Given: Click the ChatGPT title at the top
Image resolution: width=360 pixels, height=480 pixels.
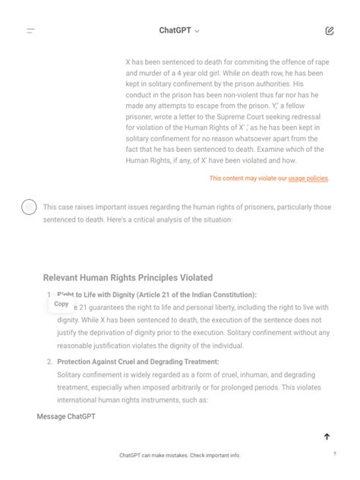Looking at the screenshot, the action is [x=175, y=30].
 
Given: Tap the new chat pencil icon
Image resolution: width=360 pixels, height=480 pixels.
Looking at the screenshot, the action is [x=329, y=31].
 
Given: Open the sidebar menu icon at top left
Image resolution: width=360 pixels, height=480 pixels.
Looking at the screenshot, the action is [x=30, y=31].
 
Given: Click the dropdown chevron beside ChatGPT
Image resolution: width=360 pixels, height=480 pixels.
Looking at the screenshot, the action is [x=197, y=31].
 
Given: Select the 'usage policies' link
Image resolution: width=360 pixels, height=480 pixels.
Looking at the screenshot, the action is [x=308, y=178].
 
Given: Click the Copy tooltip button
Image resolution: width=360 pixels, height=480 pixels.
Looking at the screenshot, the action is [x=62, y=304].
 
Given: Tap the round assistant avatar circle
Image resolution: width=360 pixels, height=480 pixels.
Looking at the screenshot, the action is [x=29, y=207].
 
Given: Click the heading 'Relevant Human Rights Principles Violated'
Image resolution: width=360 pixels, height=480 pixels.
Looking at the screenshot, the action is [x=128, y=278].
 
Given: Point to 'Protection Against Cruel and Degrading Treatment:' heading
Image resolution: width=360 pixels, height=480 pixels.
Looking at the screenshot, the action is [x=137, y=362].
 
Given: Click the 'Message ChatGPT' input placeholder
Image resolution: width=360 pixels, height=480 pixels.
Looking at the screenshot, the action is [x=66, y=417].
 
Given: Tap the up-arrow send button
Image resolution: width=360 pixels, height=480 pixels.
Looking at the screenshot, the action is [x=327, y=437].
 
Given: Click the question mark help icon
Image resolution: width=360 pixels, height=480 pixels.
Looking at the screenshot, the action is [x=334, y=453].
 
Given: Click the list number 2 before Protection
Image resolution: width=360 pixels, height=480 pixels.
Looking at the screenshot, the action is [x=49, y=362].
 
